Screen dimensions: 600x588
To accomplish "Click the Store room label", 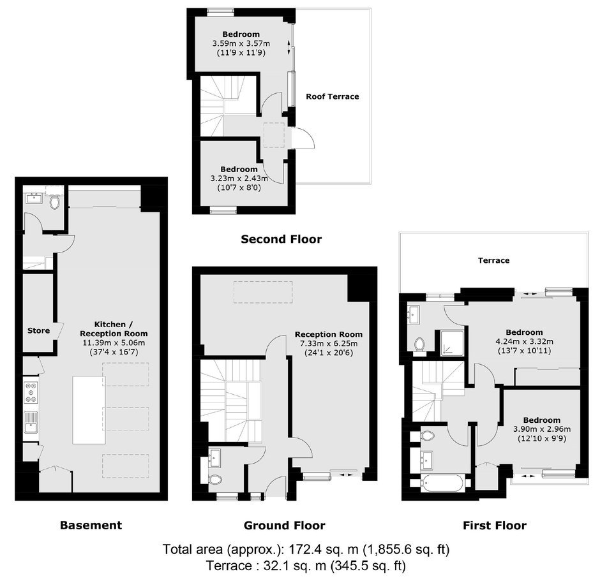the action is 39,331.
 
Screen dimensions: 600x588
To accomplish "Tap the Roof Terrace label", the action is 332,96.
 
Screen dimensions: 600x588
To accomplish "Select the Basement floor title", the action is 91,525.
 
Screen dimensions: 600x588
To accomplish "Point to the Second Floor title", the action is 281,239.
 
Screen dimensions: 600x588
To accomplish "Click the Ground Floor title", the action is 284,526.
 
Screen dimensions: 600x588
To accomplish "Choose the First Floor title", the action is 495,526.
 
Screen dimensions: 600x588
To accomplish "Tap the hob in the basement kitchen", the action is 31,393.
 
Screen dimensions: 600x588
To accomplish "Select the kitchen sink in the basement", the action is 31,422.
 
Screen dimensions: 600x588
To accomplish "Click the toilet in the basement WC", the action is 55,202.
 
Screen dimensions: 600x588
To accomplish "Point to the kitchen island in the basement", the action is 89,410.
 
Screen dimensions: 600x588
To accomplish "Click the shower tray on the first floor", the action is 452,343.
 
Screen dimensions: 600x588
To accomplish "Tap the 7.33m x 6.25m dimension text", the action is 329,343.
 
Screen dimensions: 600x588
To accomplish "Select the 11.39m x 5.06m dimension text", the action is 114,342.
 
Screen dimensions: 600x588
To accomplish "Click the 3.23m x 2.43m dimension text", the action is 239,178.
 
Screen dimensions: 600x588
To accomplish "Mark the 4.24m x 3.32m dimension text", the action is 524,341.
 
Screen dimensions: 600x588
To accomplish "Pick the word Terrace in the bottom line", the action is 227,566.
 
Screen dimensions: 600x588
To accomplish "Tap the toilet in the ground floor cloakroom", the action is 216,480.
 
